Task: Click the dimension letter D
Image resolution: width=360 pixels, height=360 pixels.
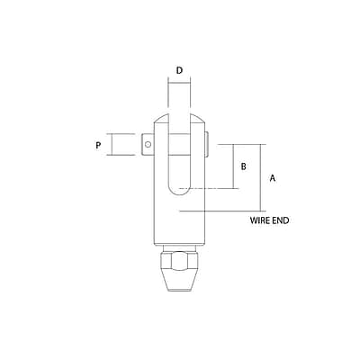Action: coord(179,69)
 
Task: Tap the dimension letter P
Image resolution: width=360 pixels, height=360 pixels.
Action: coord(97,144)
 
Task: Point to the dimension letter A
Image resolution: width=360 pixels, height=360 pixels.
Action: coord(272,178)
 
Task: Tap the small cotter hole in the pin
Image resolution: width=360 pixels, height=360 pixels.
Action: coord(148,143)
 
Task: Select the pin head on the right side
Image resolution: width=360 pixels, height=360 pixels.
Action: coord(209,143)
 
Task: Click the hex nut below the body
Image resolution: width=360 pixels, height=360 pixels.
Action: coord(179,261)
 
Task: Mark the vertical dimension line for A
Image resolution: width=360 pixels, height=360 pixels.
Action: coord(263,177)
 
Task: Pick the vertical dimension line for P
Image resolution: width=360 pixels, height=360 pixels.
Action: coord(110,144)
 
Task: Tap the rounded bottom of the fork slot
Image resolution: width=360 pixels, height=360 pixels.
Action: coord(179,188)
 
